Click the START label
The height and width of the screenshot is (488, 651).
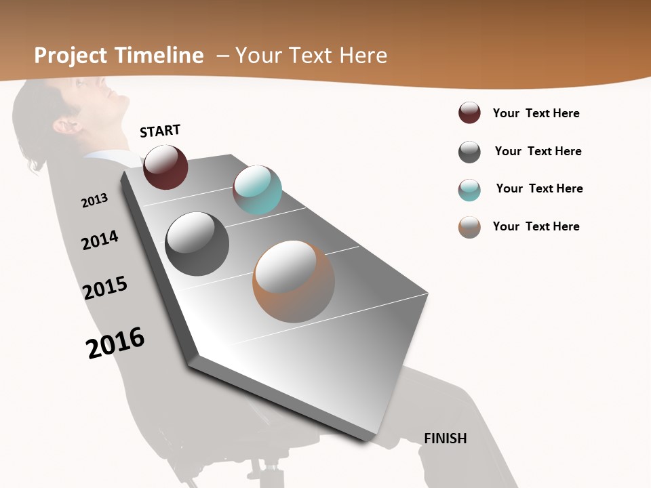click(x=160, y=131)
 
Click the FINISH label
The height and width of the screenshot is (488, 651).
click(x=445, y=439)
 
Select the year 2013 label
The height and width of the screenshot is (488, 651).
click(x=94, y=201)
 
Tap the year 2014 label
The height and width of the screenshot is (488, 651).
click(x=100, y=240)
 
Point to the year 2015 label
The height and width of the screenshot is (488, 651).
click(x=105, y=288)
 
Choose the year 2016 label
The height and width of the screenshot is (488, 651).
click(x=115, y=343)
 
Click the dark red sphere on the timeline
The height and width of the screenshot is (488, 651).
click(x=165, y=167)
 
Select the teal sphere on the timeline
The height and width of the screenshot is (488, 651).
click(x=257, y=190)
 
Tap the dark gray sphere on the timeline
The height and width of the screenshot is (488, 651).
click(x=197, y=244)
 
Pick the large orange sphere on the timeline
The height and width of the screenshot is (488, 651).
click(x=294, y=281)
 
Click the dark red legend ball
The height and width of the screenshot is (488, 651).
click(x=469, y=113)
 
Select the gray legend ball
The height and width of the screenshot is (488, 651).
click(x=469, y=152)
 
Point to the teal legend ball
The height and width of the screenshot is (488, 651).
click(x=469, y=190)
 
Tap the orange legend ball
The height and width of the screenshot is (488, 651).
click(x=469, y=227)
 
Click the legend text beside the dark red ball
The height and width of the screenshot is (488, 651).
click(x=536, y=113)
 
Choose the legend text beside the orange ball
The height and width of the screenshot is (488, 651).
click(x=536, y=226)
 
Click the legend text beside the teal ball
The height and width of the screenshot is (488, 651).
click(x=539, y=188)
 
